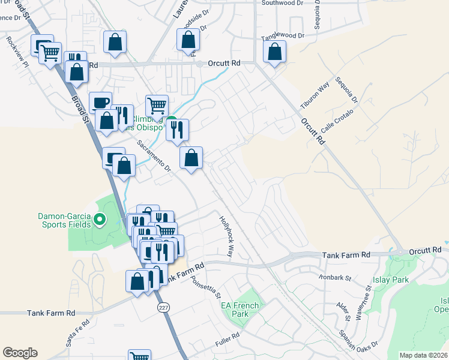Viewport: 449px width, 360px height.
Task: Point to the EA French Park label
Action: (240, 310)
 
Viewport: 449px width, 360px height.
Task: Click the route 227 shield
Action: (163, 308)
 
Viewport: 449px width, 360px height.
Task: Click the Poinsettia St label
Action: (206, 288)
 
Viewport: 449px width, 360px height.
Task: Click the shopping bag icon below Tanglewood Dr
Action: (274, 53)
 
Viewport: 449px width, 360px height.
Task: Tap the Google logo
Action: (20, 353)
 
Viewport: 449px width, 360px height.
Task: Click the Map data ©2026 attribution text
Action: (423, 355)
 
